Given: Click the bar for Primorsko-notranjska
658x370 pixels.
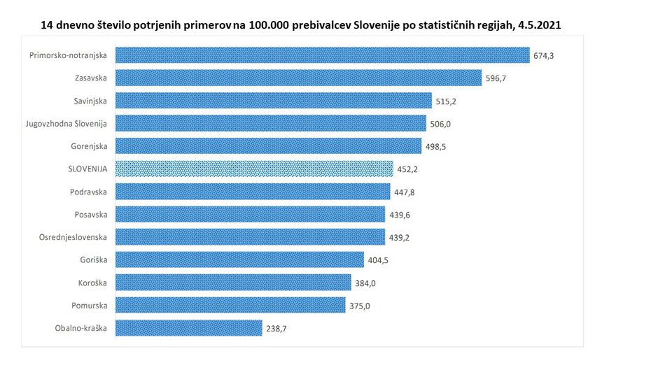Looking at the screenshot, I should pyautogui.click(x=322, y=55).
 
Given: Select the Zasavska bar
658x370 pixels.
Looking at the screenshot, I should pyautogui.click(x=298, y=78).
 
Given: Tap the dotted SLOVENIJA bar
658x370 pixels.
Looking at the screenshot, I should pyautogui.click(x=253, y=169).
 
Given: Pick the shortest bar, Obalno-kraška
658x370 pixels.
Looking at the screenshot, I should pyautogui.click(x=188, y=327).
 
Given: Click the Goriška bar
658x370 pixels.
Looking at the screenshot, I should pyautogui.click(x=239, y=259).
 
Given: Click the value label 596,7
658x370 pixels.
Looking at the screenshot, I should pyautogui.click(x=496, y=78).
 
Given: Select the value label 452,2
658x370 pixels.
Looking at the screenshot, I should pyautogui.click(x=407, y=169).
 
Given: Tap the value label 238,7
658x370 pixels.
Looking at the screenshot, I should pyautogui.click(x=275, y=328).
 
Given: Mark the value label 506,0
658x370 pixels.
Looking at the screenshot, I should pyautogui.click(x=440, y=124).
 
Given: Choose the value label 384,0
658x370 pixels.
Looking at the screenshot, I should pyautogui.click(x=364, y=283).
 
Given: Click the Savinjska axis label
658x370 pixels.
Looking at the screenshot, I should pyautogui.click(x=90, y=101).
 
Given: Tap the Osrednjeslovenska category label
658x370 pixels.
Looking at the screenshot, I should pyautogui.click(x=73, y=237).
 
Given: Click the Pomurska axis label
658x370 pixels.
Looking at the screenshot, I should pyautogui.click(x=89, y=306).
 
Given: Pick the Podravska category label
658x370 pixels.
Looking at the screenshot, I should pyautogui.click(x=88, y=192).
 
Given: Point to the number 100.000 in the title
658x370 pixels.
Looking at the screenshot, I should pyautogui.click(x=269, y=24).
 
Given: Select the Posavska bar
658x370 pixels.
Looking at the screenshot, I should pyautogui.click(x=250, y=214).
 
